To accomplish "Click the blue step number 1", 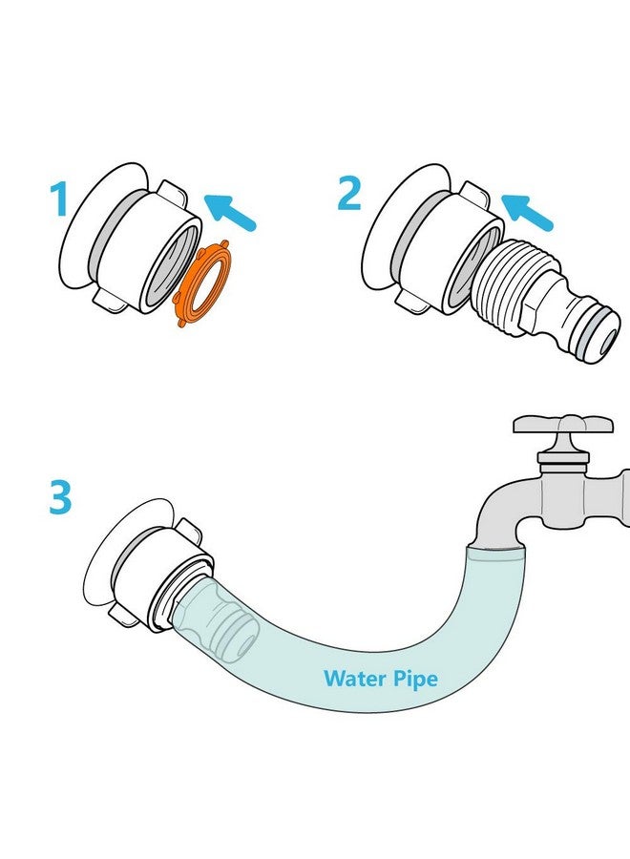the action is (59, 199).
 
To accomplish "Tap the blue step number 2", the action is (349, 194).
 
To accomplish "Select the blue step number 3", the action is (60, 497).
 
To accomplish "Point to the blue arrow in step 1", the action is (230, 213).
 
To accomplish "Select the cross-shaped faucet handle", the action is (563, 427).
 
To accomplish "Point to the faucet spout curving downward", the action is (504, 513).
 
